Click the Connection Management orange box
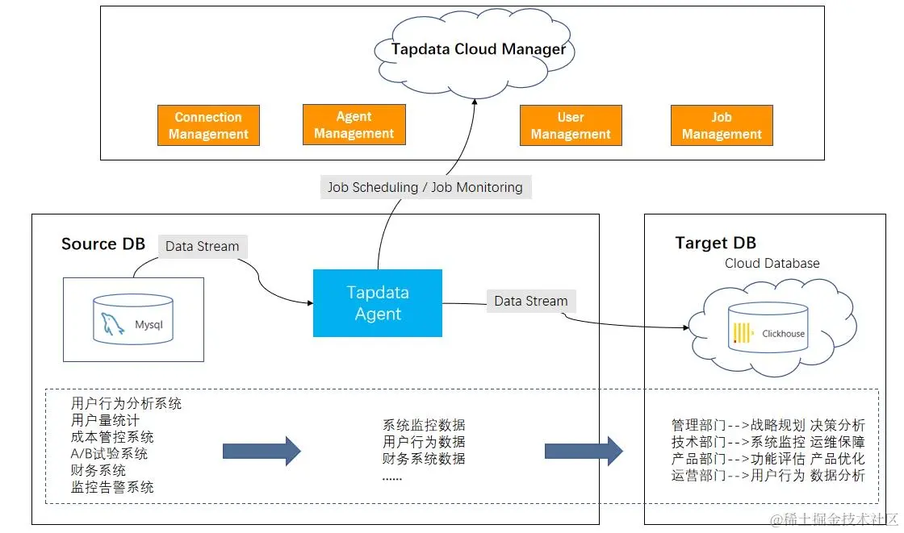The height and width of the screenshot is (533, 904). [x=208, y=126]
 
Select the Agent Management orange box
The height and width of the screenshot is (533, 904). [x=354, y=125]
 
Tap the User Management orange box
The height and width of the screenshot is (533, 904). [x=571, y=126]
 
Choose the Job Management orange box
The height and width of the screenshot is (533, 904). [x=722, y=126]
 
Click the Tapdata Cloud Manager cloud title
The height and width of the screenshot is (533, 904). [x=479, y=49]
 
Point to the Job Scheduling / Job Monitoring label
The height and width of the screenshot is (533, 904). [x=425, y=187]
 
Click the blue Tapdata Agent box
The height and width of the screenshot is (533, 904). [x=378, y=302]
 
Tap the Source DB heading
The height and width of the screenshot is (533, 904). [x=103, y=244]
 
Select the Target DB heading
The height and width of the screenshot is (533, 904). [x=715, y=244]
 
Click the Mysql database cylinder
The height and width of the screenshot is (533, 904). [x=133, y=319]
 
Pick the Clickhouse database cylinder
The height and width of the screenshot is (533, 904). [x=768, y=327]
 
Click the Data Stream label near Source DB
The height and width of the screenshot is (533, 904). [x=202, y=246]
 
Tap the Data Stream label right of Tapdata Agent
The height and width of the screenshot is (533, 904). [x=530, y=301]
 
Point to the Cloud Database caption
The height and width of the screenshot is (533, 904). [x=772, y=264]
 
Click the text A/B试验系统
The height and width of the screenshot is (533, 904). [x=109, y=454]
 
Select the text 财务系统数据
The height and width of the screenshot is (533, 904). [x=424, y=459]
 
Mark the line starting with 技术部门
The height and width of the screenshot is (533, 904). [x=768, y=442]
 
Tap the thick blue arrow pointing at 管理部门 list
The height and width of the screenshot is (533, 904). [x=584, y=450]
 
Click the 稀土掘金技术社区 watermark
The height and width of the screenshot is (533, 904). [x=834, y=520]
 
